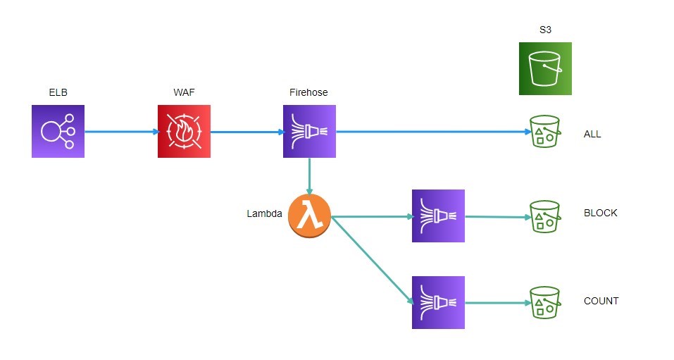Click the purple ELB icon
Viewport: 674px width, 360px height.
[58, 131]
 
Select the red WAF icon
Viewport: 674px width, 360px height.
[184, 131]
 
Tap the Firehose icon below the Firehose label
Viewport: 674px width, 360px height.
[309, 131]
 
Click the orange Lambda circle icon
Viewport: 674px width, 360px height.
[309, 216]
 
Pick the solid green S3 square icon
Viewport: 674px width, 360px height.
[545, 68]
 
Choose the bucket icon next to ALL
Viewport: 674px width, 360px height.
[544, 131]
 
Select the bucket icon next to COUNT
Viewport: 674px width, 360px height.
[544, 302]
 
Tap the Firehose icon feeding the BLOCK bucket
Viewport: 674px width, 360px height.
[438, 216]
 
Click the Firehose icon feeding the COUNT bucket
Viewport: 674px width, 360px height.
[438, 302]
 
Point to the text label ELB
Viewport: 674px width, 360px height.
[58, 93]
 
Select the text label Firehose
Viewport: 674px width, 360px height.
[308, 93]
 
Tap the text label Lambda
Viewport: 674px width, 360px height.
[264, 213]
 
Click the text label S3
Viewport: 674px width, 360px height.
[545, 30]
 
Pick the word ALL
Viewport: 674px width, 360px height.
[592, 134]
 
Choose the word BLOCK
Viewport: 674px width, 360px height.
[600, 213]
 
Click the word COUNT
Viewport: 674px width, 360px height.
[601, 301]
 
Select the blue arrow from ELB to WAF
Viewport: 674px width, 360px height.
[120, 131]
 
